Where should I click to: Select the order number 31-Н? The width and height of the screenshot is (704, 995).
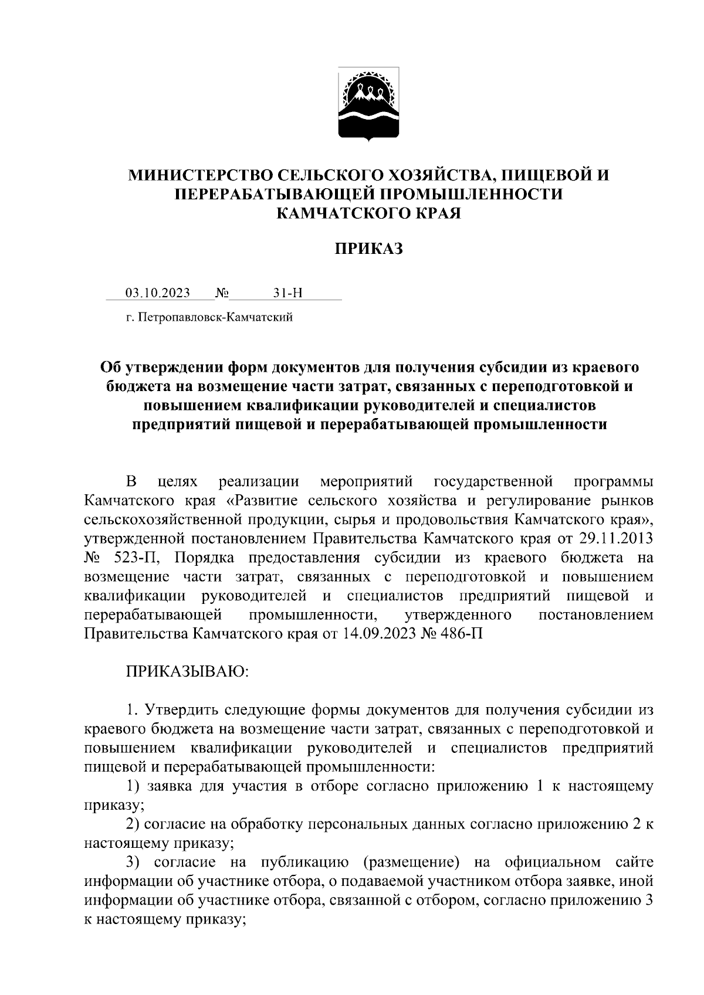287,293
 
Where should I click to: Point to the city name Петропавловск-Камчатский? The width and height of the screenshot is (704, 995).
214,318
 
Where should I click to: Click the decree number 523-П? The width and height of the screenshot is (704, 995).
130,558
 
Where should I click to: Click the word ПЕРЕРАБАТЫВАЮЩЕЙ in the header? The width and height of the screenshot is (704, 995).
264,194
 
